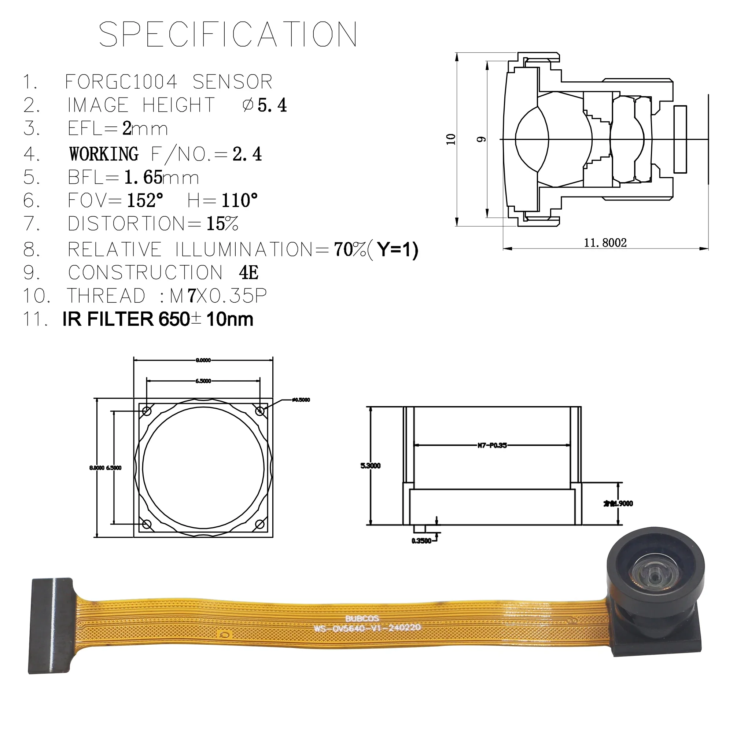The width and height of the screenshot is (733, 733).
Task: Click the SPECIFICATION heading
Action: click(228, 34)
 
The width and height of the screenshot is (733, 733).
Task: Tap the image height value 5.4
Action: click(272, 105)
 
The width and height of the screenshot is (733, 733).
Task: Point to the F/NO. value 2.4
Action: click(247, 154)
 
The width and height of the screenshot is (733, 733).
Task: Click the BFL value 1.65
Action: click(143, 177)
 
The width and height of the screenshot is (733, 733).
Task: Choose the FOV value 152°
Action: click(145, 200)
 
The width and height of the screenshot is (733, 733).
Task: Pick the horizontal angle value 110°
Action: click(239, 200)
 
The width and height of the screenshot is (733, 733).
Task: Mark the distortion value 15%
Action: click(222, 224)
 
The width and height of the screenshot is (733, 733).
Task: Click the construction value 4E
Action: click(248, 272)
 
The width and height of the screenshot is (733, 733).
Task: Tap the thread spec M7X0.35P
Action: click(218, 296)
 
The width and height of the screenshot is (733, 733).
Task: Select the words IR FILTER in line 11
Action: click(108, 319)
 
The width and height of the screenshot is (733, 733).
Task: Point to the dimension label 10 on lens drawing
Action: click(450, 139)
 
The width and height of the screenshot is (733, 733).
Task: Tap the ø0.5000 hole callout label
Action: click(301, 400)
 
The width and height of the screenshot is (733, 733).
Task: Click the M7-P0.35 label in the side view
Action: click(492, 445)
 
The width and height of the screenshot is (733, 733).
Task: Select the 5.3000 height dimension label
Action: click(370, 465)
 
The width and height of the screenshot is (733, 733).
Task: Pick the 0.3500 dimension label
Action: click(421, 541)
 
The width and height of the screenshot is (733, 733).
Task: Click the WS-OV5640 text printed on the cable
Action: click(367, 628)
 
